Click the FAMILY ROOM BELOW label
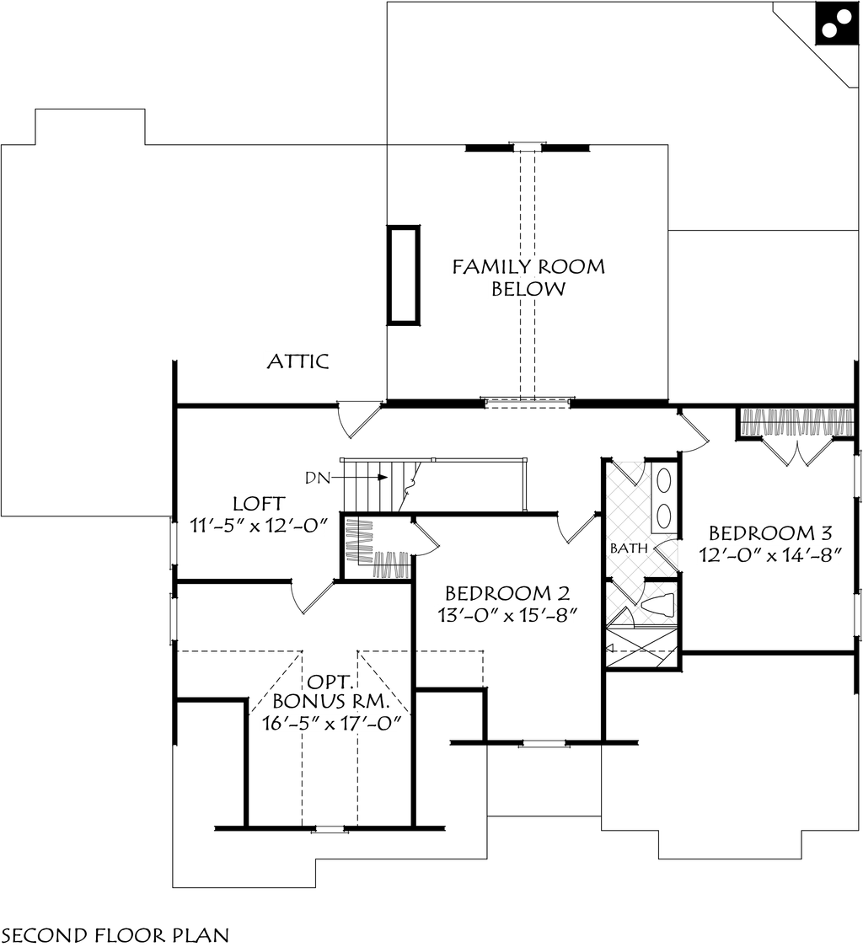pyautogui.click(x=528, y=278)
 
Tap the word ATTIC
pyautogui.click(x=297, y=362)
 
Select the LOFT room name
pyautogui.click(x=258, y=504)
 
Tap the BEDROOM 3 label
pyautogui.click(x=770, y=533)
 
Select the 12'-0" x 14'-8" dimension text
pyautogui.click(x=770, y=555)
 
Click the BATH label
pyautogui.click(x=629, y=548)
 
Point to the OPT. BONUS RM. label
pyautogui.click(x=331, y=690)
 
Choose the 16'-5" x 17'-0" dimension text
pyautogui.click(x=331, y=722)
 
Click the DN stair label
pyautogui.click(x=317, y=478)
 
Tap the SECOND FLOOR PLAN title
pyautogui.click(x=115, y=934)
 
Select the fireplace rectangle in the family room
pyautogui.click(x=403, y=275)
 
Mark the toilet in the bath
pyautogui.click(x=657, y=604)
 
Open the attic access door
pyautogui.click(x=358, y=419)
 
